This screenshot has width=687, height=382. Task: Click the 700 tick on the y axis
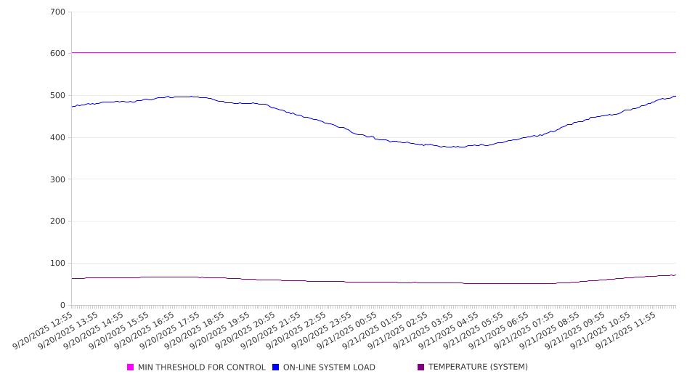58,12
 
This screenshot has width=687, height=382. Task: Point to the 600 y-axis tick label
58,54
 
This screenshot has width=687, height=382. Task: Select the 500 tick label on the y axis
58,96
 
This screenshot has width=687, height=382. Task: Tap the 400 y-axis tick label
58,138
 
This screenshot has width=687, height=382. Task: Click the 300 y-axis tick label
58,179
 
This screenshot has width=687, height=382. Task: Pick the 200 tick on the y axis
58,222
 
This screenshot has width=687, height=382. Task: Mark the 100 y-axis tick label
58,264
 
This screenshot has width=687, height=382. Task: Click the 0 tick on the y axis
62,306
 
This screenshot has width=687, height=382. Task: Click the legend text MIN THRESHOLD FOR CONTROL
201,367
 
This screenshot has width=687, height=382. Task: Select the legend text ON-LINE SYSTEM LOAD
329,367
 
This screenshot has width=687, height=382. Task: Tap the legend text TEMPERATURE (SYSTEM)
478,367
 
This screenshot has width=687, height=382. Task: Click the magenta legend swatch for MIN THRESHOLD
131,367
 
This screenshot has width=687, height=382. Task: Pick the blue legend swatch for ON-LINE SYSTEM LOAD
276,367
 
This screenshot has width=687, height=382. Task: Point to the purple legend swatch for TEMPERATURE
421,367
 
